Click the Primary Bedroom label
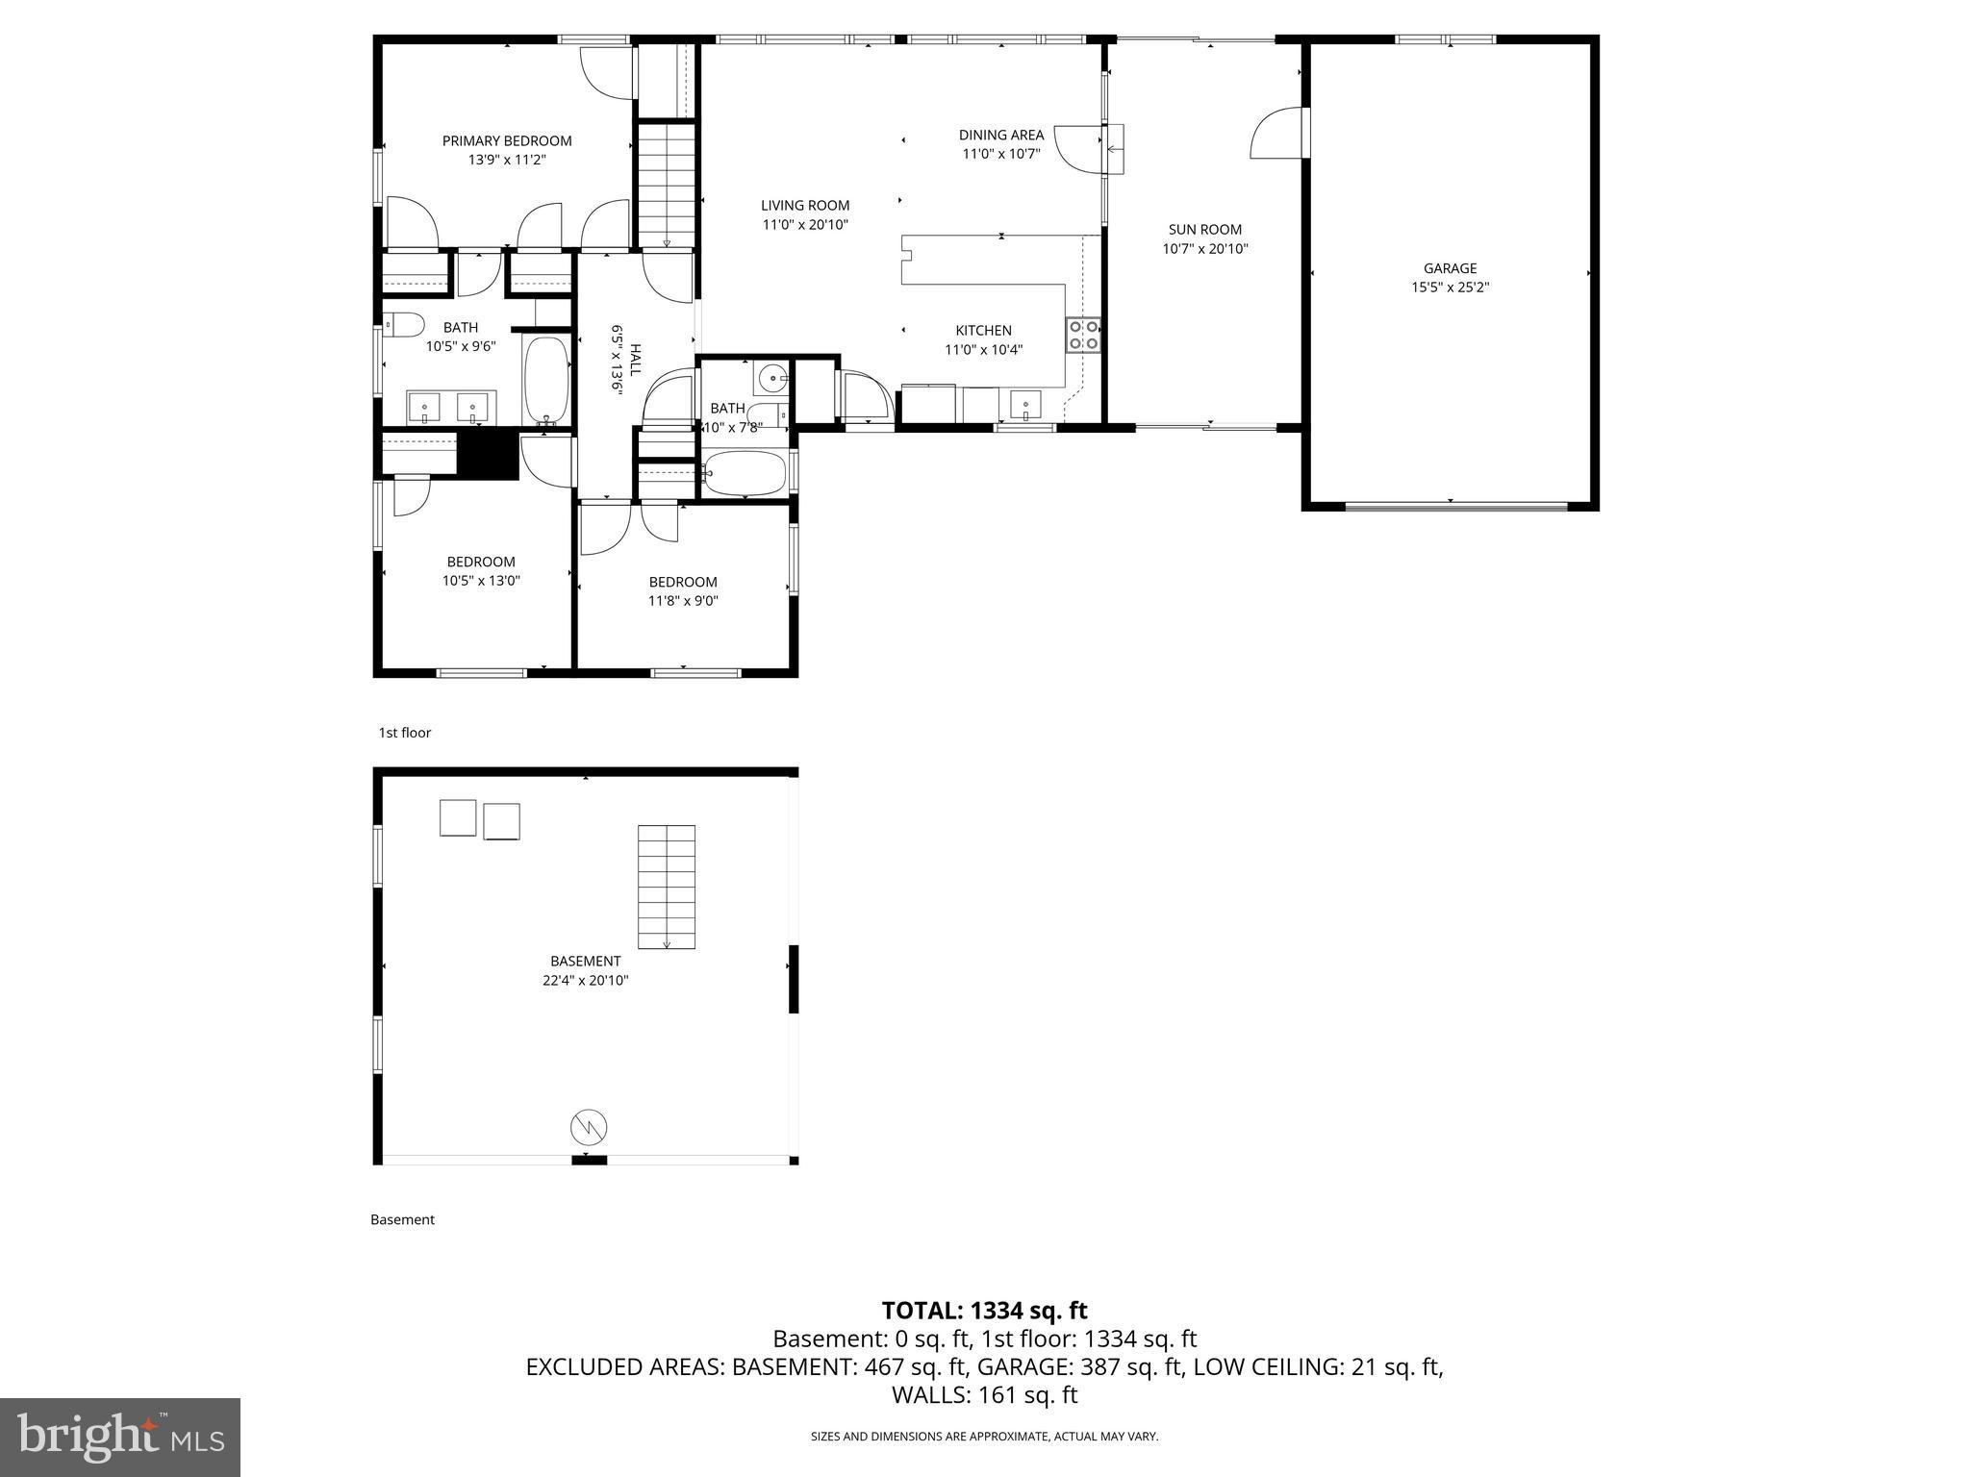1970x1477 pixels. click(507, 141)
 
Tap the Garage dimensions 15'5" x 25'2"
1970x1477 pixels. click(1450, 288)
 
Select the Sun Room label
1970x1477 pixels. click(1204, 230)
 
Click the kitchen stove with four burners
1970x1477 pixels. click(1084, 335)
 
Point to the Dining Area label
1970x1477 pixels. click(1000, 135)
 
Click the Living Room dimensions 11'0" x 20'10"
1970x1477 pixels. click(805, 225)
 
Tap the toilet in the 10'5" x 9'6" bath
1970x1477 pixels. click(404, 325)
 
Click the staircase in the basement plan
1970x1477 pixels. click(667, 886)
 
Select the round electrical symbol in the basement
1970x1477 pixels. click(589, 1126)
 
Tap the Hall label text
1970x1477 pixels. click(634, 358)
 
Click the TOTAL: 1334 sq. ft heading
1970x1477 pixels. click(984, 1311)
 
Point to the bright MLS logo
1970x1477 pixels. click(119, 1437)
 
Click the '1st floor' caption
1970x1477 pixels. click(404, 733)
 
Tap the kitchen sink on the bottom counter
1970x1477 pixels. click(1026, 406)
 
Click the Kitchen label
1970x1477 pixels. click(983, 331)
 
